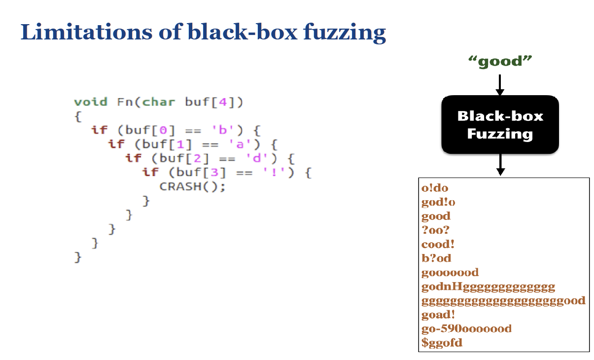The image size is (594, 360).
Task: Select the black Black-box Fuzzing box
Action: (x=500, y=124)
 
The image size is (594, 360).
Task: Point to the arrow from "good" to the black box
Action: (x=500, y=85)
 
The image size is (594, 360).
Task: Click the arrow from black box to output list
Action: (x=500, y=164)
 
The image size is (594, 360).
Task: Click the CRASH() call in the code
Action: (x=192, y=187)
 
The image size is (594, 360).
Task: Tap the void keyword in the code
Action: (x=90, y=102)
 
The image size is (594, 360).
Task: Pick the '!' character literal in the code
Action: (x=282, y=173)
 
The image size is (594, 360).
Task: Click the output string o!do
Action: (x=435, y=188)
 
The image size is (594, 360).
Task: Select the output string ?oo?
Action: (x=436, y=230)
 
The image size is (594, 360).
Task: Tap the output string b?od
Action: (x=436, y=258)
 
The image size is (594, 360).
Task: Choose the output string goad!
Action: (x=438, y=314)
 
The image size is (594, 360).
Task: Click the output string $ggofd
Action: (x=442, y=342)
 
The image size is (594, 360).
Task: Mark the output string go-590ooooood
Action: (x=466, y=328)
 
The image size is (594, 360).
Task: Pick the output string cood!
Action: (x=438, y=244)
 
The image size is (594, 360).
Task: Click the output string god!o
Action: (x=438, y=202)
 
